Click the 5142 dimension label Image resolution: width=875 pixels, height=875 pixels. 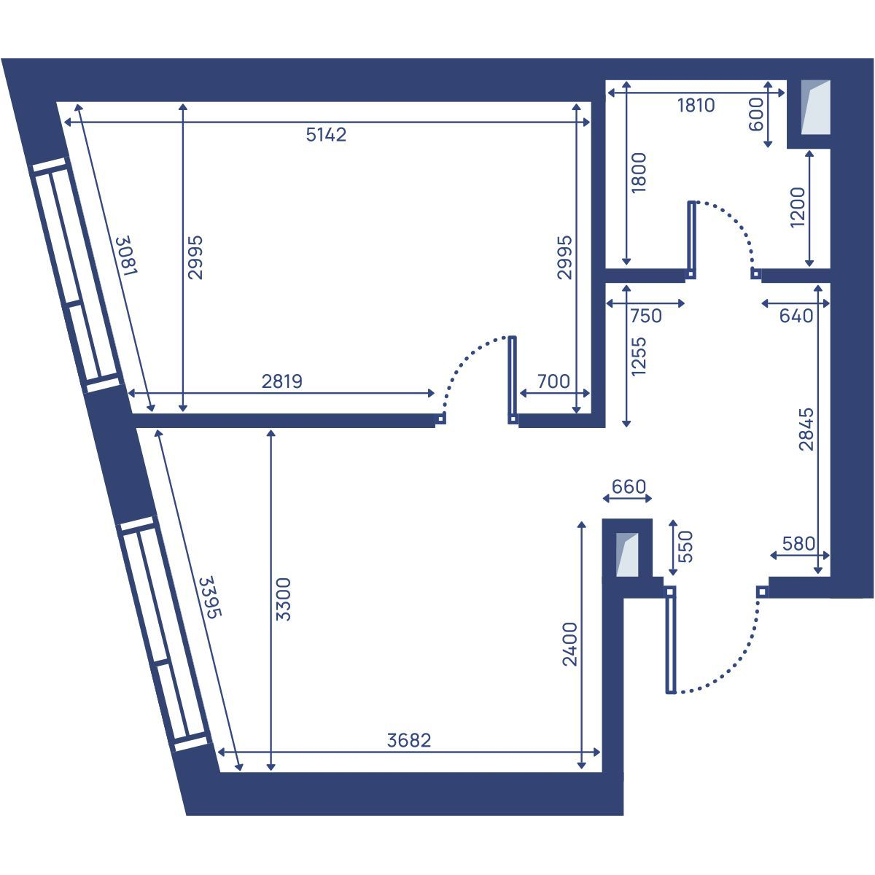pyautogui.click(x=326, y=135)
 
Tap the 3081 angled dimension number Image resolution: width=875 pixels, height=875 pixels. pyautogui.click(x=127, y=255)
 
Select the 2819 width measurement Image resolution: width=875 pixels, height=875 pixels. pyautogui.click(x=282, y=381)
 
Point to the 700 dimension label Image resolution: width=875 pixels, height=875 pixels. pyautogui.click(x=553, y=381)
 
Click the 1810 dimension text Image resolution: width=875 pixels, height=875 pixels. pyautogui.click(x=696, y=105)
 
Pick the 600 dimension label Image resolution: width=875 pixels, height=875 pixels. pyautogui.click(x=756, y=114)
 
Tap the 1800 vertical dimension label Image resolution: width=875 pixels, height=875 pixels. pyautogui.click(x=639, y=173)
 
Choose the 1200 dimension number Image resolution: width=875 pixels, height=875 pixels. pyautogui.click(x=798, y=208)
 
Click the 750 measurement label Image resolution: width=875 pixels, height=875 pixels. pyautogui.click(x=646, y=316)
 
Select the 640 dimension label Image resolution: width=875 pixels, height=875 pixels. pyautogui.click(x=796, y=316)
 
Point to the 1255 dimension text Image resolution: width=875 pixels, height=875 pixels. pyautogui.click(x=639, y=357)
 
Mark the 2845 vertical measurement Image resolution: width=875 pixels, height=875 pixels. pyautogui.click(x=806, y=429)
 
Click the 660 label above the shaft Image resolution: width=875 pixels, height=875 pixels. pyautogui.click(x=629, y=487)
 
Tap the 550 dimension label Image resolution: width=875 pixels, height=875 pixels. pyautogui.click(x=685, y=547)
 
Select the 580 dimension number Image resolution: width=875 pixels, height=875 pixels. pyautogui.click(x=798, y=543)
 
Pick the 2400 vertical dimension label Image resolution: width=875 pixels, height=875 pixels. pyautogui.click(x=570, y=645)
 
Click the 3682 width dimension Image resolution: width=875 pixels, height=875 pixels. pyautogui.click(x=408, y=741)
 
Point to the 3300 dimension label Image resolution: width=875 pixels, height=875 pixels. pyautogui.click(x=284, y=599)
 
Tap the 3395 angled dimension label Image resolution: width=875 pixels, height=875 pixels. pyautogui.click(x=211, y=597)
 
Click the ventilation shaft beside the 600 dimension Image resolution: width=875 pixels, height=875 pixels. pyautogui.click(x=815, y=108)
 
